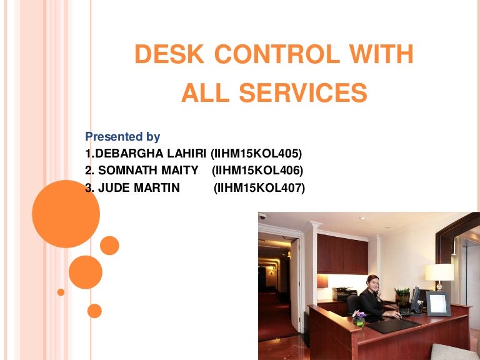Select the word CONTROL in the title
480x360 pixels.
pyautogui.click(x=277, y=55)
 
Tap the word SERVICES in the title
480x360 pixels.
pyautogui.click(x=303, y=93)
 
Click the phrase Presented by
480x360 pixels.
pyautogui.click(x=122, y=137)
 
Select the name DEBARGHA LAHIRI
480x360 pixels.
pyautogui.click(x=150, y=153)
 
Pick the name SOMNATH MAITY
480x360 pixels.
pyautogui.click(x=147, y=170)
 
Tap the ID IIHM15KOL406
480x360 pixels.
pyautogui.click(x=257, y=170)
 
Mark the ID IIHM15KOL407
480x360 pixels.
pyautogui.click(x=259, y=187)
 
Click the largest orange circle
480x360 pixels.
pyautogui.click(x=66, y=214)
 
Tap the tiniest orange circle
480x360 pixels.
pyautogui.click(x=61, y=292)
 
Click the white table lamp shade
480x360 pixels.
pyautogui.click(x=440, y=272)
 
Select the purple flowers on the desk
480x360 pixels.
pyautogui.click(x=359, y=314)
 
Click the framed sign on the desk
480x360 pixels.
pyautogui.click(x=438, y=304)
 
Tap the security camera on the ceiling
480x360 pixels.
pyautogui.click(x=262, y=216)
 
